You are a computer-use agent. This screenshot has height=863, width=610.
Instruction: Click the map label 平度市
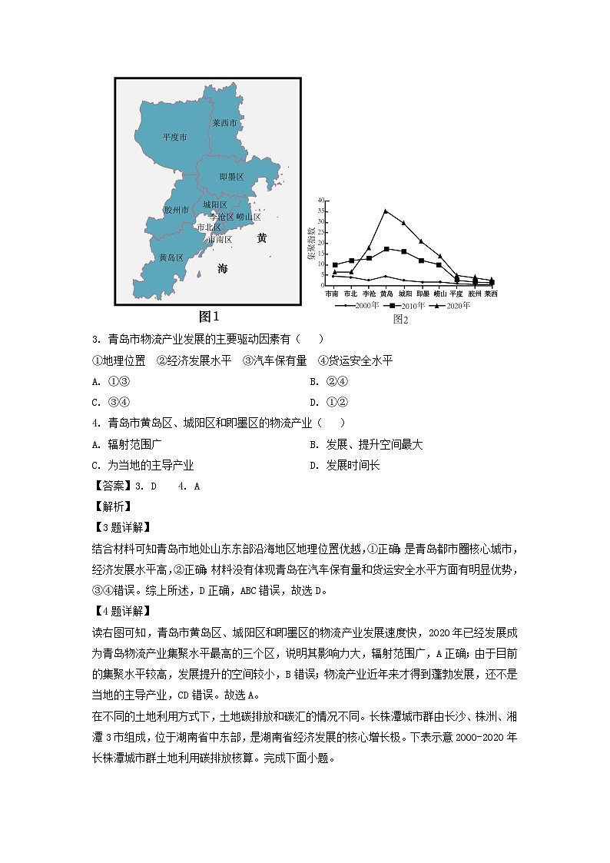point(174,137)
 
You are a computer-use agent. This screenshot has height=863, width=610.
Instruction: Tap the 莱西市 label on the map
point(225,123)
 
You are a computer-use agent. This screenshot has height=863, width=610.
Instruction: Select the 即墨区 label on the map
point(231,177)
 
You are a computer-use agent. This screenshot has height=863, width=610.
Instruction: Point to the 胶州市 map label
point(176,209)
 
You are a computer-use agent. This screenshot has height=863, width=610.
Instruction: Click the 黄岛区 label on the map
point(171,257)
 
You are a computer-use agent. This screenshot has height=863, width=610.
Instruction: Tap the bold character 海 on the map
point(223,269)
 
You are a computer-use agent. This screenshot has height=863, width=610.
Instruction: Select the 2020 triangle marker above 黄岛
point(386,211)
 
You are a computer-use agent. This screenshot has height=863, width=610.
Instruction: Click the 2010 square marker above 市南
point(334,264)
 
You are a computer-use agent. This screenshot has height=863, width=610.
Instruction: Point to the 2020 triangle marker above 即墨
point(421,241)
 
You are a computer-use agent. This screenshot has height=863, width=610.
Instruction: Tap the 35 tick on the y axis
point(321,211)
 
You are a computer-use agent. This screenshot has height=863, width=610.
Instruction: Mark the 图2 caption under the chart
point(400,318)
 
